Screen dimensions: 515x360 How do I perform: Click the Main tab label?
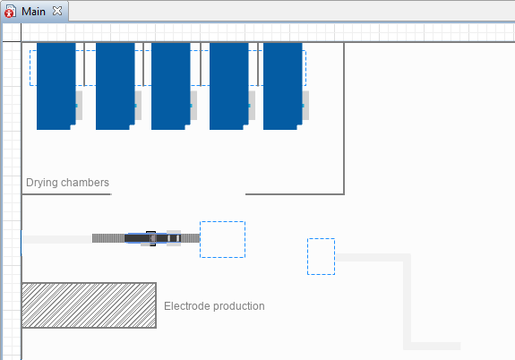[x=33, y=12]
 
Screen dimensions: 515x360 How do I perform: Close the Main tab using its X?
[x=57, y=11]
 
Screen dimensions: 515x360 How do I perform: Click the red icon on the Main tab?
[x=9, y=13]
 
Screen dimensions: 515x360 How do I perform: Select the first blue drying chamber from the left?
[x=56, y=86]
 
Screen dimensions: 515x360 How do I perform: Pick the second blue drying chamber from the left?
[x=116, y=86]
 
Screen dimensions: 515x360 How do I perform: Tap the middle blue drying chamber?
[x=171, y=86]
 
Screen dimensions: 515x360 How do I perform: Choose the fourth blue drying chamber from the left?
[x=229, y=86]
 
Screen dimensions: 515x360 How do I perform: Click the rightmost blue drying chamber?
[x=283, y=86]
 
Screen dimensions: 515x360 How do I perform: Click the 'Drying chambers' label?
[x=67, y=183]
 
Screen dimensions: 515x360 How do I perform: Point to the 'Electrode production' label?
[x=214, y=306]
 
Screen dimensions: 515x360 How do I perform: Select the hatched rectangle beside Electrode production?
[x=89, y=305]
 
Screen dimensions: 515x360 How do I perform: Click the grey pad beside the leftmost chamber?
[x=79, y=106]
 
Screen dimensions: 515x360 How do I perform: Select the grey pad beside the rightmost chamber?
[x=305, y=106]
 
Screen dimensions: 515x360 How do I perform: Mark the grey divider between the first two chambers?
[x=84, y=64]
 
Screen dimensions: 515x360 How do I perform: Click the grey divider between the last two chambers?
[x=258, y=64]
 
